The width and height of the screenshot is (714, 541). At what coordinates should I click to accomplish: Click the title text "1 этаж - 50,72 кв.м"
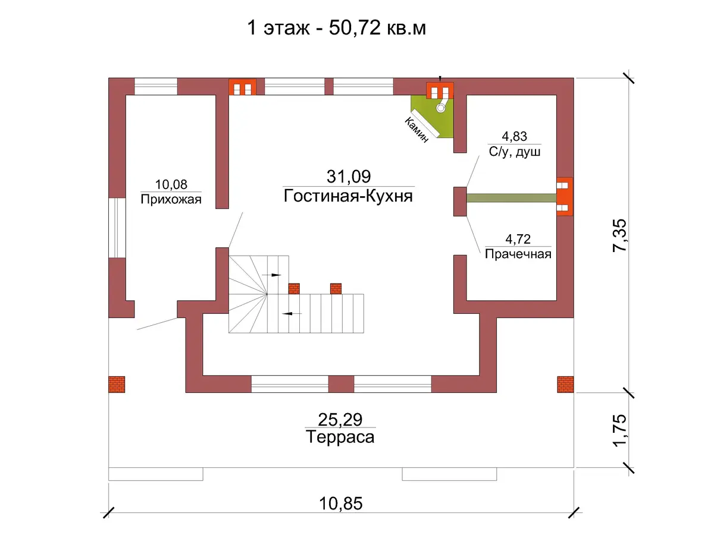tap(336, 29)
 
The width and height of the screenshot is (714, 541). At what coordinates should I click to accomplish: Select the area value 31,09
tap(349, 177)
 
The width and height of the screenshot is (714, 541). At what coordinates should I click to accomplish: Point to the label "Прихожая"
tap(171, 199)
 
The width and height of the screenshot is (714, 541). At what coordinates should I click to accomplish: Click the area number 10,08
tap(171, 184)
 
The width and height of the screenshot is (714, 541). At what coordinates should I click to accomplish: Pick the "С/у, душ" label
tap(514, 152)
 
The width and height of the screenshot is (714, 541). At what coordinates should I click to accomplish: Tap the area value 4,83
tap(514, 137)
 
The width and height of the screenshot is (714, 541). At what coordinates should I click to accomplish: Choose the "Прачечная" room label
tap(518, 254)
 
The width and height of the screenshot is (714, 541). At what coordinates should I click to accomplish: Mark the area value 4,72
tap(518, 239)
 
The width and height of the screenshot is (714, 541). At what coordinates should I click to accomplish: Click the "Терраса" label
tap(340, 437)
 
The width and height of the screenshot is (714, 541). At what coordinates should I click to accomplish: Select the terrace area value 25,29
tap(340, 420)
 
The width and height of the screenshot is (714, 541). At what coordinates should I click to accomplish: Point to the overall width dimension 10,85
tap(340, 504)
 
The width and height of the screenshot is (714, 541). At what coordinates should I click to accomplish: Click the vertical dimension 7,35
tap(619, 235)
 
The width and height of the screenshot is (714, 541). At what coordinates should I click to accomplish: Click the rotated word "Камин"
tap(416, 130)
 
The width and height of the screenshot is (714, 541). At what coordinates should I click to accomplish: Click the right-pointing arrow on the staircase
tap(271, 275)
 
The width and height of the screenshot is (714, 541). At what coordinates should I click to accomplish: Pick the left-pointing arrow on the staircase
tap(292, 313)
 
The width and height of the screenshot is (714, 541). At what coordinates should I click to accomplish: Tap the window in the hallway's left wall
tap(117, 228)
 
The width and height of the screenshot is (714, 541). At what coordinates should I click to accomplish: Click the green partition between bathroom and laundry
tap(511, 198)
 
